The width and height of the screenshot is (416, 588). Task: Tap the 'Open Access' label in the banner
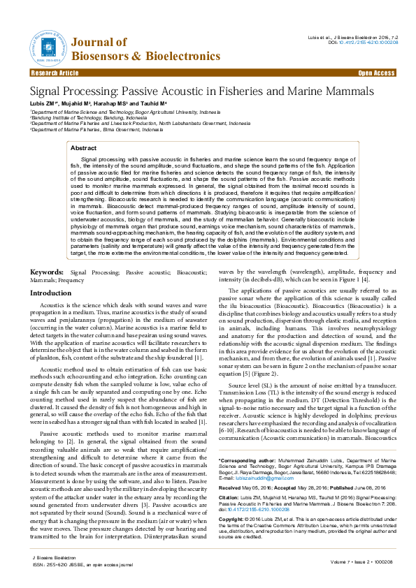pos(376,73)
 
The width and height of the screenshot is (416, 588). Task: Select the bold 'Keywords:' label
pos(48,251)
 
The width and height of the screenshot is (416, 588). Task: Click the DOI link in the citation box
pos(280,509)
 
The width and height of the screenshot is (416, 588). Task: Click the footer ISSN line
pos(78,564)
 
